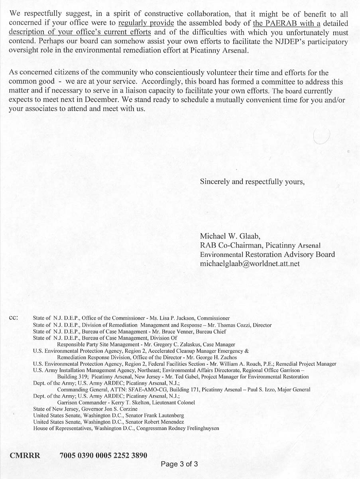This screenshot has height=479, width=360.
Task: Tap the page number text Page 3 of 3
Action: [179, 464]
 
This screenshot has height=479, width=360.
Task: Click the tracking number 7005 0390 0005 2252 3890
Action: [103, 455]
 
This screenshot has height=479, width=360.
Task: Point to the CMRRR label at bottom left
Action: [25, 455]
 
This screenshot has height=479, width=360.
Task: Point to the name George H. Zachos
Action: [201, 357]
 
